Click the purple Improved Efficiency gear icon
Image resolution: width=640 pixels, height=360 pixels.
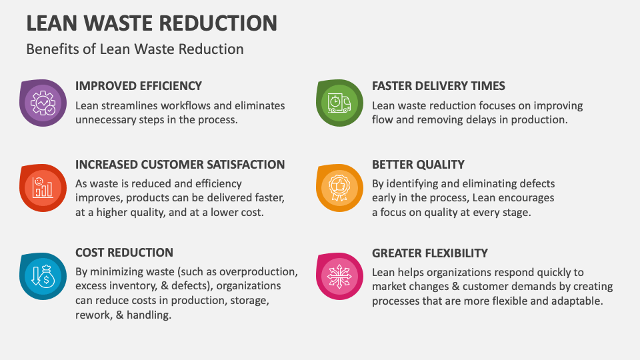tap(43, 103)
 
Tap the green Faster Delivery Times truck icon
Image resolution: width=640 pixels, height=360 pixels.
tap(339, 103)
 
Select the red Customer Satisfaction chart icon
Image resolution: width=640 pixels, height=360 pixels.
tap(43, 187)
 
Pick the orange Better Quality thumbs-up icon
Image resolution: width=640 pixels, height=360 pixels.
tap(339, 187)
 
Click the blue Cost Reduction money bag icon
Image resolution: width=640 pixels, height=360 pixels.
tap(43, 275)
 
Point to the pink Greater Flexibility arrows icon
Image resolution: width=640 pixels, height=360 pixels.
tap(339, 275)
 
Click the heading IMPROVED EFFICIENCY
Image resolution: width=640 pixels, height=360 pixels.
tap(139, 86)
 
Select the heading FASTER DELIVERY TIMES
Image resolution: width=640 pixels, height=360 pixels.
tap(438, 86)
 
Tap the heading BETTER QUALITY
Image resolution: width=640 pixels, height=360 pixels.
tap(418, 165)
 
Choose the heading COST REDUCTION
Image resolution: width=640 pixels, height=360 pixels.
tap(124, 253)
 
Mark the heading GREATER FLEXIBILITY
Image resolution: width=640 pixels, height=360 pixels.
tap(430, 253)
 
